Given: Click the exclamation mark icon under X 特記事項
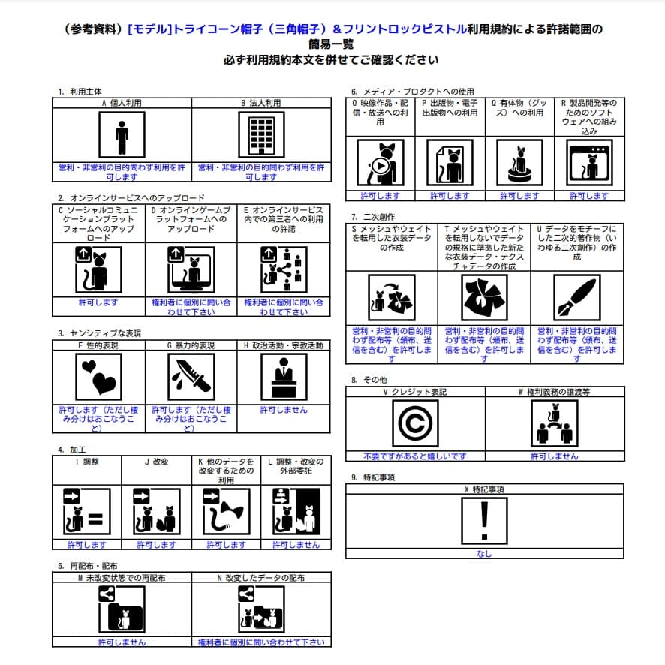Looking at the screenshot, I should click(484, 521).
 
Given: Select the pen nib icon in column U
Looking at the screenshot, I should click(576, 297).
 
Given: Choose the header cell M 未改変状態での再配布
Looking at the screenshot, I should click(122, 578).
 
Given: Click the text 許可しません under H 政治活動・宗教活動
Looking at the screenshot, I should click(284, 411).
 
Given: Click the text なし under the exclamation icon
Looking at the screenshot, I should click(484, 554).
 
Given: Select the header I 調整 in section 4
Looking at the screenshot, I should click(87, 462).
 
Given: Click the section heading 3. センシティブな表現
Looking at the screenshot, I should click(99, 333).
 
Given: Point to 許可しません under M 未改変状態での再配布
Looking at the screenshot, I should click(122, 642).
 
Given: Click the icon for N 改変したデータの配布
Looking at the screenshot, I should click(260, 609).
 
